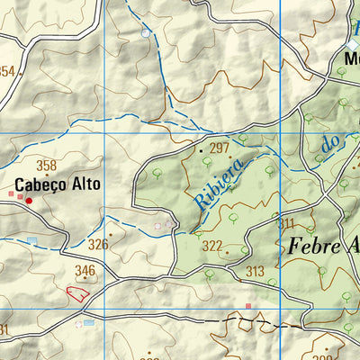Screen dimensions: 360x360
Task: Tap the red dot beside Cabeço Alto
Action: pos(29,200)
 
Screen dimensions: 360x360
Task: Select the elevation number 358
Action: pos(46,166)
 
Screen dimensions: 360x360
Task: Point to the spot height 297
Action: pos(220,148)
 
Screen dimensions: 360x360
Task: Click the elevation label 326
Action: pos(98,244)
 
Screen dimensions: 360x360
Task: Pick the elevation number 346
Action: pos(85,270)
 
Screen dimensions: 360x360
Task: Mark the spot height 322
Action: pos(212,246)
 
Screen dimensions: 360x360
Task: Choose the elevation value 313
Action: pos(256,272)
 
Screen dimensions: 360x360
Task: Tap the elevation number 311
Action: pos(286,223)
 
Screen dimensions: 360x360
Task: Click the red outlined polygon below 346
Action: pos(78,292)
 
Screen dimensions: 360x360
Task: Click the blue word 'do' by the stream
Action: pos(331,142)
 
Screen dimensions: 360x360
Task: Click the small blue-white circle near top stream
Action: pos(146,33)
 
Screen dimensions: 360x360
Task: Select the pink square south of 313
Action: pos(249,307)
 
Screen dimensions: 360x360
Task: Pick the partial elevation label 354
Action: pos(7,71)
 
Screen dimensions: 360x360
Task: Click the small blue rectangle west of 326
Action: pos(32,241)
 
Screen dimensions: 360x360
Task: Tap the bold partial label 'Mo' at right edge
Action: pos(351,62)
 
